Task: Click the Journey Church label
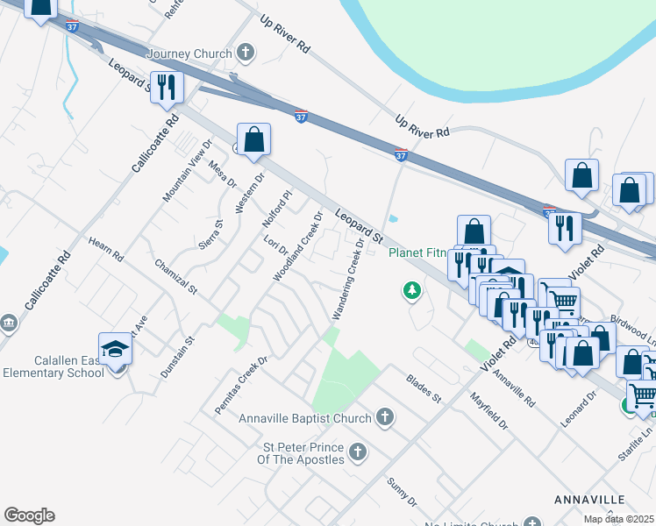click(x=190, y=53)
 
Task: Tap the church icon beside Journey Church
click(x=246, y=53)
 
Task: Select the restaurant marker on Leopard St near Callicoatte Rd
click(x=166, y=87)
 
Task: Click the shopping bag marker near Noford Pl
click(x=253, y=139)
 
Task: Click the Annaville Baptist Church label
click(x=305, y=418)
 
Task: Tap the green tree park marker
click(x=410, y=290)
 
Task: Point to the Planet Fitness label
click(x=418, y=254)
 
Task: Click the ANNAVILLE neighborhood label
click(x=591, y=499)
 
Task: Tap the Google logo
click(x=29, y=515)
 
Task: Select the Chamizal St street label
click(x=175, y=276)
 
